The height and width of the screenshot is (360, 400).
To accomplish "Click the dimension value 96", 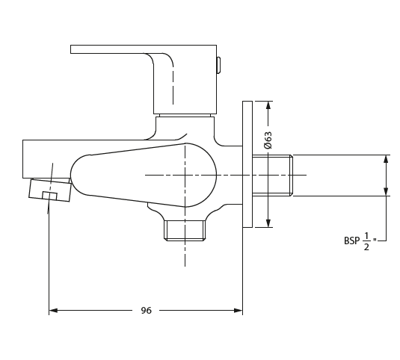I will (146, 310).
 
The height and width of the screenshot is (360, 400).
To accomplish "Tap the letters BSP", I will (351, 240).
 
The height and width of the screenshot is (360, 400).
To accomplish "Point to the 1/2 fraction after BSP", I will (367, 240).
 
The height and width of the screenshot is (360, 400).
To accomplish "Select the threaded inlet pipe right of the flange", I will (272, 176).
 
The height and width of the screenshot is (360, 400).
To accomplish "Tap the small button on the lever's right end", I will (218, 66).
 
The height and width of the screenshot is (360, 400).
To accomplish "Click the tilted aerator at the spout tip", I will (50, 190).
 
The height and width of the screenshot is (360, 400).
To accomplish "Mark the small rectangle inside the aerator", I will (49, 196).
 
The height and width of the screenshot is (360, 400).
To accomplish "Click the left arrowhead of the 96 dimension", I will (53, 310).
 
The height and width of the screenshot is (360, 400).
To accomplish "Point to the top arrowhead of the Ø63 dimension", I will (268, 105).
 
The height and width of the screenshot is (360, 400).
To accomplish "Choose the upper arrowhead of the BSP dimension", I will (386, 159).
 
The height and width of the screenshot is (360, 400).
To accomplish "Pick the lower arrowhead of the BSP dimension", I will (386, 192).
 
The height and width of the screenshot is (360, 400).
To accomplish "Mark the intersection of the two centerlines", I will (185, 176).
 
